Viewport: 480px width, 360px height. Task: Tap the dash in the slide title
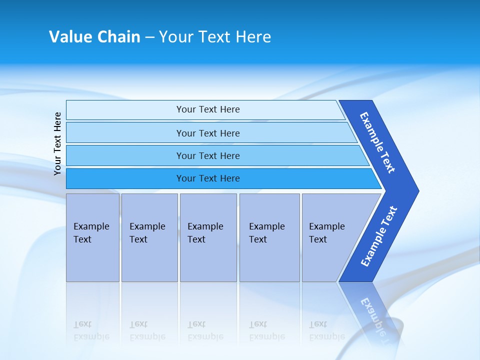click(x=149, y=37)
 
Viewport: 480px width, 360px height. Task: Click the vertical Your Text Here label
click(x=57, y=143)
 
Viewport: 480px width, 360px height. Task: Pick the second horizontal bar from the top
click(x=208, y=133)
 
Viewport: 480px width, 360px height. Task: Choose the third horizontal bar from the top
click(x=208, y=155)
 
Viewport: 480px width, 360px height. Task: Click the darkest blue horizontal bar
click(x=208, y=178)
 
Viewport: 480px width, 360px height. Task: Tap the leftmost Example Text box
click(x=92, y=237)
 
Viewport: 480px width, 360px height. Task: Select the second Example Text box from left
click(x=149, y=237)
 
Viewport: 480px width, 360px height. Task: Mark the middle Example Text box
click(x=208, y=237)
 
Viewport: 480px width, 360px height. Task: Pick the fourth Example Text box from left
click(x=269, y=237)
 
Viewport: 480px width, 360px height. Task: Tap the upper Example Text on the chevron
click(x=377, y=142)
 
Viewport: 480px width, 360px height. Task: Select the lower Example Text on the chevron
click(x=379, y=236)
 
